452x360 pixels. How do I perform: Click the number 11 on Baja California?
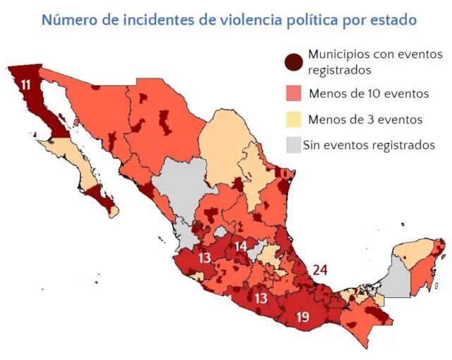tap(26, 85)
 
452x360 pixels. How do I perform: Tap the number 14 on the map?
tap(241, 246)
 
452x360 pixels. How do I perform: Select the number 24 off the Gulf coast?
tap(320, 269)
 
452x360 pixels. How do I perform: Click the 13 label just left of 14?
tap(205, 258)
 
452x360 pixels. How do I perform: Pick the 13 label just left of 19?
tap(261, 299)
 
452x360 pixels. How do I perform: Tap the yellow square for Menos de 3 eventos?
tap(294, 119)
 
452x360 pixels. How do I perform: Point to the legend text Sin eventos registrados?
tap(368, 145)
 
